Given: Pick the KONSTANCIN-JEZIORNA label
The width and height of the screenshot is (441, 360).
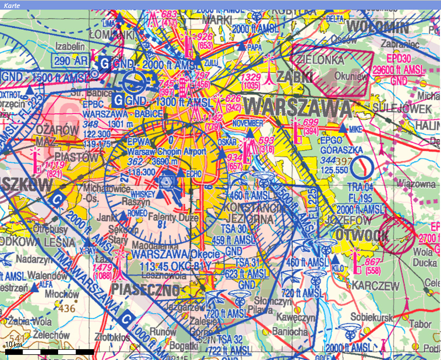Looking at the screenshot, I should point(255,212).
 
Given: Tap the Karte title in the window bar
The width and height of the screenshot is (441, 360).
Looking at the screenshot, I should point(11,4).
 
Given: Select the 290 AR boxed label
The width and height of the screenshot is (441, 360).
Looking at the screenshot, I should point(71,60).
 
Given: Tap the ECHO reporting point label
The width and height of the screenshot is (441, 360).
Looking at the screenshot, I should point(194,173).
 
